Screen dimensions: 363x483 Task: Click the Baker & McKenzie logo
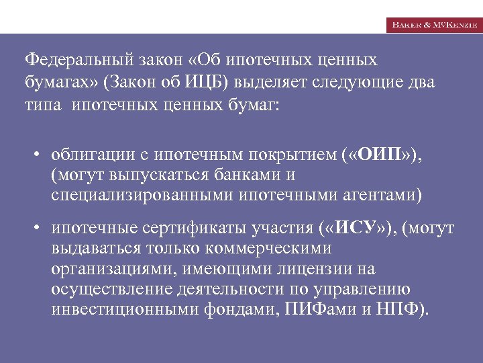(x=433, y=24)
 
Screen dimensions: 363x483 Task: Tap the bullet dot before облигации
(x=40, y=156)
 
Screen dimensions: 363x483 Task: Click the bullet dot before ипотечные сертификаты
(x=40, y=229)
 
